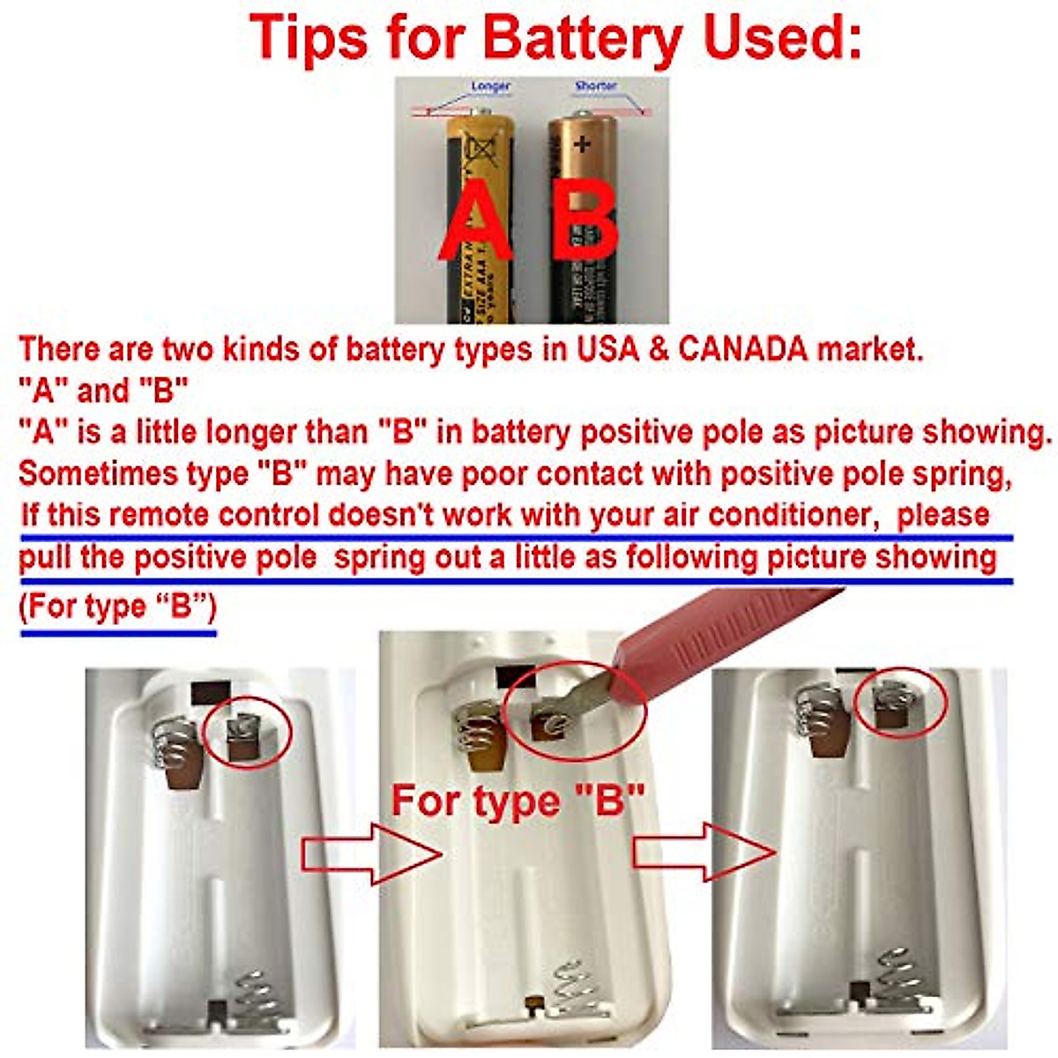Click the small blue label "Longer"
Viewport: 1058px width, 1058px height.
coord(490,86)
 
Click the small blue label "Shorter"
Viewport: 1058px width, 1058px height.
coord(596,86)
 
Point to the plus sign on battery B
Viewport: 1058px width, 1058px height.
coord(582,143)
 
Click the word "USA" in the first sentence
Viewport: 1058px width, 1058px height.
coord(607,350)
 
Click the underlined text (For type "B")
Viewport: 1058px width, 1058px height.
coord(117,607)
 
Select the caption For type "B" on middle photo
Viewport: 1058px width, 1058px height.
coord(518,801)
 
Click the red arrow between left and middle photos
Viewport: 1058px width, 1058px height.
coord(370,853)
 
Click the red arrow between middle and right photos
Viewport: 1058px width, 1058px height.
coord(704,852)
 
